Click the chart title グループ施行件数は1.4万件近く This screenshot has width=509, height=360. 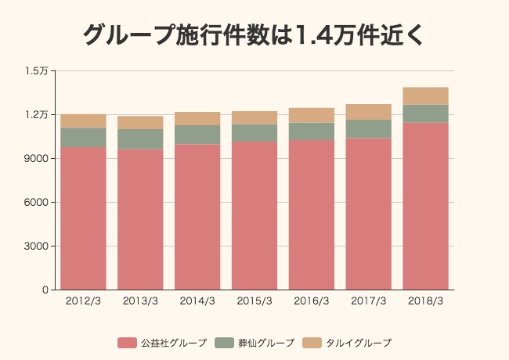254,35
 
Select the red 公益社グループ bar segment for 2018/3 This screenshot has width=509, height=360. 425,206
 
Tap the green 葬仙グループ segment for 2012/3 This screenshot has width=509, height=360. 83,138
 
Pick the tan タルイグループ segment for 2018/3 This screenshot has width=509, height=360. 425,95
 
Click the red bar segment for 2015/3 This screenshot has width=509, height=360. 254,216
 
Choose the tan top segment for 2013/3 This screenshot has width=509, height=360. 140,122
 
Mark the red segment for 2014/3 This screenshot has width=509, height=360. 197,217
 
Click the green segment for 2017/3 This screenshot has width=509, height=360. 369,129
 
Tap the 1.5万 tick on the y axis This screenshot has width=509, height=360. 37,71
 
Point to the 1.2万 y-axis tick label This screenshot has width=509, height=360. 37,115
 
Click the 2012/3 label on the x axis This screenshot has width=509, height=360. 83,301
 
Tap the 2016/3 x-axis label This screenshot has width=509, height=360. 312,301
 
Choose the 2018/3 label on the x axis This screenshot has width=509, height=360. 425,301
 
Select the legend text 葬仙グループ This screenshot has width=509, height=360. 266,343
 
